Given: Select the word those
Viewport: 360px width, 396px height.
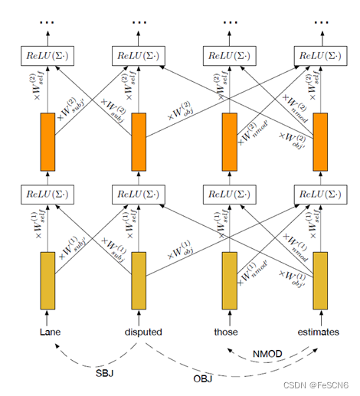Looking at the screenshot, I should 227,332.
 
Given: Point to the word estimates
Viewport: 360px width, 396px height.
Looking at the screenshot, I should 319,332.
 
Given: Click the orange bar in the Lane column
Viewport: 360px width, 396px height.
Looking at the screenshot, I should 47,142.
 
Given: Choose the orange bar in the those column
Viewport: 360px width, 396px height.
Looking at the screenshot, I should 229,142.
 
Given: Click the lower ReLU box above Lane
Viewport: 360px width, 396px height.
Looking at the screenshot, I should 47,194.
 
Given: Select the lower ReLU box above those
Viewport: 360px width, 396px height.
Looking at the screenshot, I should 229,194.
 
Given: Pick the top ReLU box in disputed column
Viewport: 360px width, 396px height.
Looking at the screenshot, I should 139,54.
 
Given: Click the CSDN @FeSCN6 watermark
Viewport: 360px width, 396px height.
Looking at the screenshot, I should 315,385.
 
